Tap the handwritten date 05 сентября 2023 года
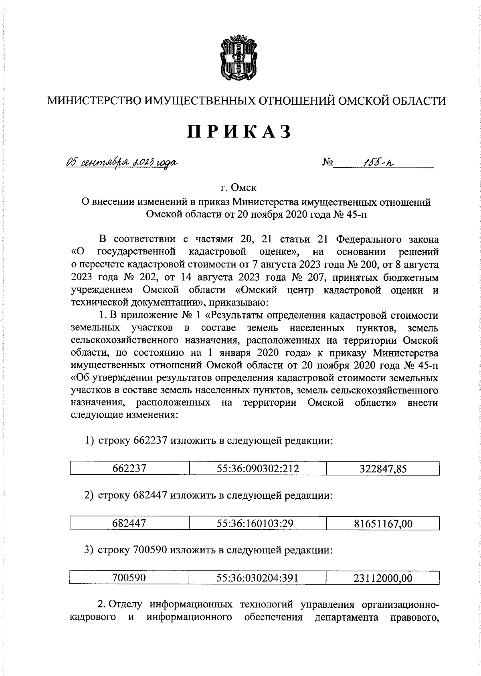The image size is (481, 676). [x=122, y=162]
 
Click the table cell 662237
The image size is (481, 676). [x=129, y=469]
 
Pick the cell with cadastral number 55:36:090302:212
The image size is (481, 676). [x=258, y=469]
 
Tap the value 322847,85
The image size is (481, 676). [x=383, y=469]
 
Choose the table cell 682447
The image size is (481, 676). [x=129, y=523]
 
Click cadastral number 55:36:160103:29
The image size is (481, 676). [x=258, y=523]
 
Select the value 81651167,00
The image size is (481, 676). [x=383, y=523]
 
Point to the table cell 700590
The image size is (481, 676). [x=129, y=578]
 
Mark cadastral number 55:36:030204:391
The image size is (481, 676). [x=258, y=578]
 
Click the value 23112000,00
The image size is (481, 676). [x=383, y=578]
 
